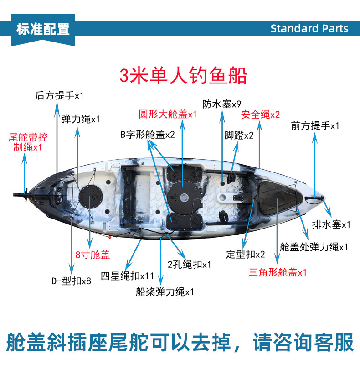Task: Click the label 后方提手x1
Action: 59,95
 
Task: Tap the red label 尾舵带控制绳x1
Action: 28,142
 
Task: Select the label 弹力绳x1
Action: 81,119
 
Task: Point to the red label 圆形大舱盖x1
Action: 168,114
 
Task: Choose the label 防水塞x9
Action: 222,104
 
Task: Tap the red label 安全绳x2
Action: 261,114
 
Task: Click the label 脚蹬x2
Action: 239,135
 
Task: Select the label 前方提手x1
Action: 315,125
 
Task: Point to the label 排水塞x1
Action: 331,224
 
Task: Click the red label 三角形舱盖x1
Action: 278,272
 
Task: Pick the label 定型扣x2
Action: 245,254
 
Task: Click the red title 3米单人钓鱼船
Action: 183,75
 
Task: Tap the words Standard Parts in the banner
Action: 309,28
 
